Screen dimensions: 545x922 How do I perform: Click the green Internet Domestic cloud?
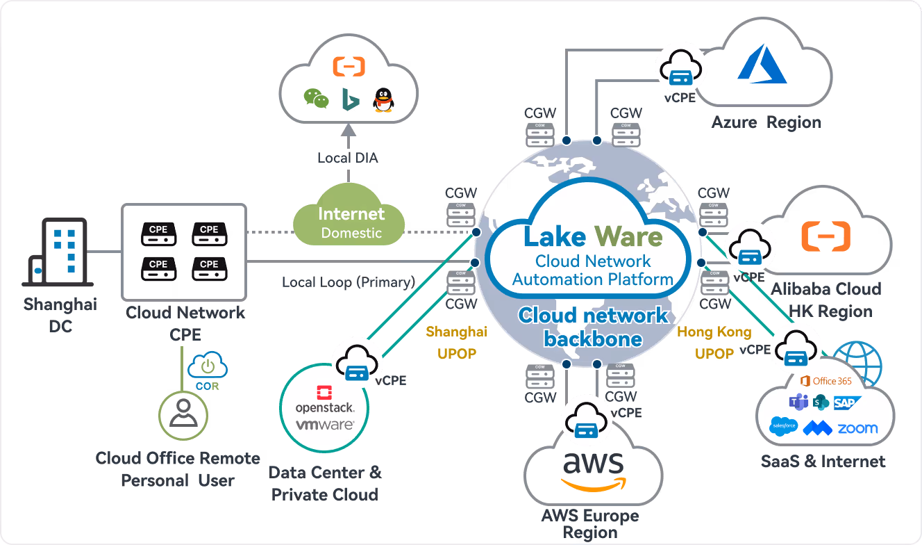click(x=351, y=222)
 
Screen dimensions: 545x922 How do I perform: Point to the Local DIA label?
click(x=348, y=158)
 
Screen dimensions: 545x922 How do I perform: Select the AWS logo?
click(x=593, y=470)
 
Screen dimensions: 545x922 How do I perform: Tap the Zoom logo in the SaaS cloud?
click(x=857, y=428)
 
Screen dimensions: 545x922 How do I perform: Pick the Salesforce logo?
click(x=784, y=425)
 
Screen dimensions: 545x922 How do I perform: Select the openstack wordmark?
click(x=324, y=407)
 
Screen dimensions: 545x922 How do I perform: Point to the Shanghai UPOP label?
click(x=456, y=343)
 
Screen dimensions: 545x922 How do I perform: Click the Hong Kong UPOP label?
click(x=714, y=343)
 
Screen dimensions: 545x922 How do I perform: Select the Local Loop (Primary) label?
click(x=348, y=282)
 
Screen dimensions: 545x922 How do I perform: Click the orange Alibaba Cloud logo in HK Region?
click(x=825, y=236)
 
